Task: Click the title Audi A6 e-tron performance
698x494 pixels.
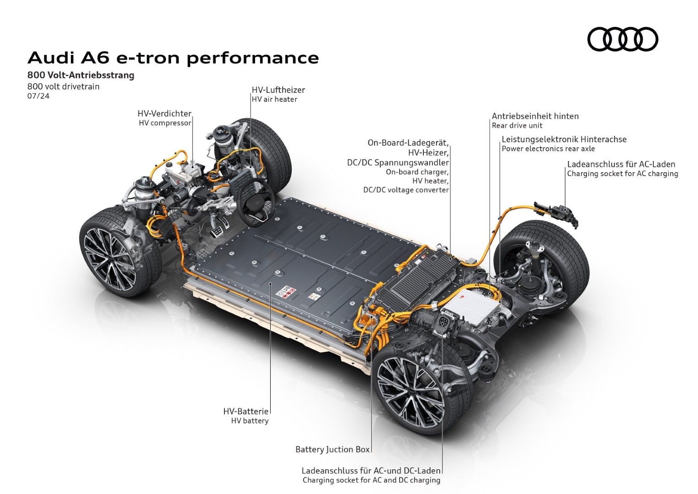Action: pyautogui.click(x=173, y=59)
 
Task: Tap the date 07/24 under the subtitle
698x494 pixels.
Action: pyautogui.click(x=38, y=96)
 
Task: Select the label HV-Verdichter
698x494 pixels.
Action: pyautogui.click(x=165, y=113)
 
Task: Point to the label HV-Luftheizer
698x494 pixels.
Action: pyautogui.click(x=278, y=90)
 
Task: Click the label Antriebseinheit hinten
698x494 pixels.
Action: pyautogui.click(x=535, y=116)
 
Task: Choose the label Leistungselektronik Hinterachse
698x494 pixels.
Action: pyautogui.click(x=564, y=139)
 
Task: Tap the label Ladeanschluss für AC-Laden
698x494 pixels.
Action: pyautogui.click(x=621, y=164)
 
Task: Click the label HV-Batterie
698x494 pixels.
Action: pyautogui.click(x=245, y=411)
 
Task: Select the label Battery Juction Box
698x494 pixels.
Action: pyautogui.click(x=332, y=449)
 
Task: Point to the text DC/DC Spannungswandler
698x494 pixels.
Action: pyautogui.click(x=398, y=162)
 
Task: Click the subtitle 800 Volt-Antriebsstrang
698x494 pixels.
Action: pyautogui.click(x=81, y=75)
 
